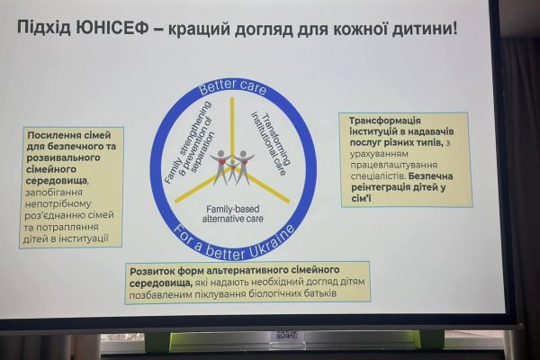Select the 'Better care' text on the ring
tap(233, 86)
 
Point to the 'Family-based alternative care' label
tap(233, 214)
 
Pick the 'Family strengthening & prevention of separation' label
tap(189, 142)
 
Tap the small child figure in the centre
tap(233, 170)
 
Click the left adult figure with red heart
tap(221, 166)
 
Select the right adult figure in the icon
tap(244, 166)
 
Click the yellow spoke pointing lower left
tap(195, 190)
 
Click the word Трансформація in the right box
tap(384, 121)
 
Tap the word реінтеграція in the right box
tap(386, 188)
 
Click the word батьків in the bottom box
tap(320, 294)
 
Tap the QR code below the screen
tap(287, 335)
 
